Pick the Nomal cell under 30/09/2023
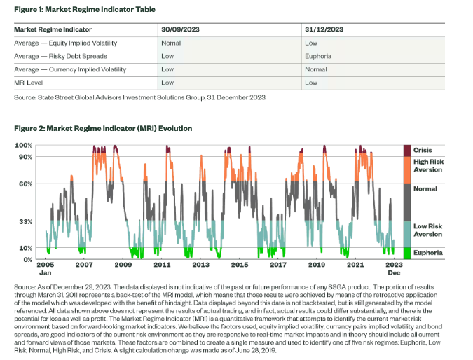coord(171,43)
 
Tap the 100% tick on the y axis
coord(25,145)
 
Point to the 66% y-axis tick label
coord(26,184)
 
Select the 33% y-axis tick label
coord(26,221)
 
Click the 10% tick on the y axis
coord(26,248)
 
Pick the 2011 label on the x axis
coord(162,266)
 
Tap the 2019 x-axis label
coord(317,266)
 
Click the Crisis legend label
coord(423,150)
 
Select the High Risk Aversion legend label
coord(428,166)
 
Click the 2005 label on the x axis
coord(45,266)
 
